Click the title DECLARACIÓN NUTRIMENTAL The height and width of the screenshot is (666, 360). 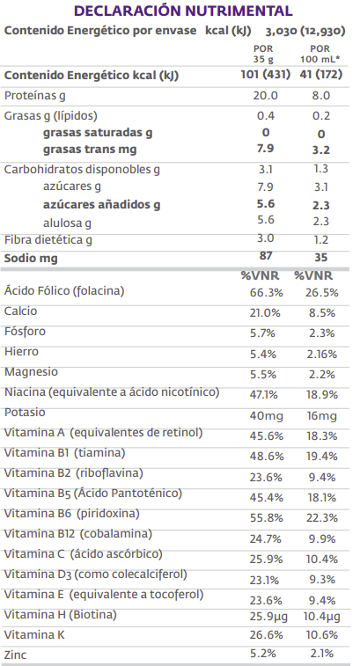click(183, 11)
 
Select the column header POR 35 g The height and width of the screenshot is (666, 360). click(263, 53)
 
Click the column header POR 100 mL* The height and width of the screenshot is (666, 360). click(321, 53)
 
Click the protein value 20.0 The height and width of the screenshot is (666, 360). click(265, 95)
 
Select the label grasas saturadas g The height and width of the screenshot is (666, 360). click(98, 132)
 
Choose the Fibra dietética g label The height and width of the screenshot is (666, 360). click(48, 239)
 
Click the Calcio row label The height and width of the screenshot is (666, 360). click(21, 311)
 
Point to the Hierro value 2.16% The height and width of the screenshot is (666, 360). click(321, 353)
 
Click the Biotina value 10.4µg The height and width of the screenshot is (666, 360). click(322, 615)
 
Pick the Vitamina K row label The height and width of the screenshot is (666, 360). click(35, 635)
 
